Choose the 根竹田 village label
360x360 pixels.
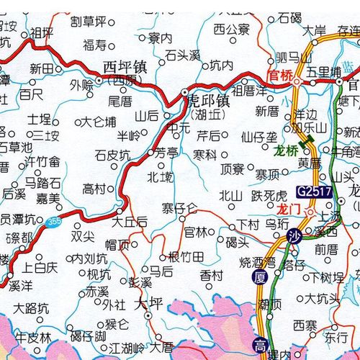pos(185,256)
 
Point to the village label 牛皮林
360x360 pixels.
pos(34,336)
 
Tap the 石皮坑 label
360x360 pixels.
pos(112,154)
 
